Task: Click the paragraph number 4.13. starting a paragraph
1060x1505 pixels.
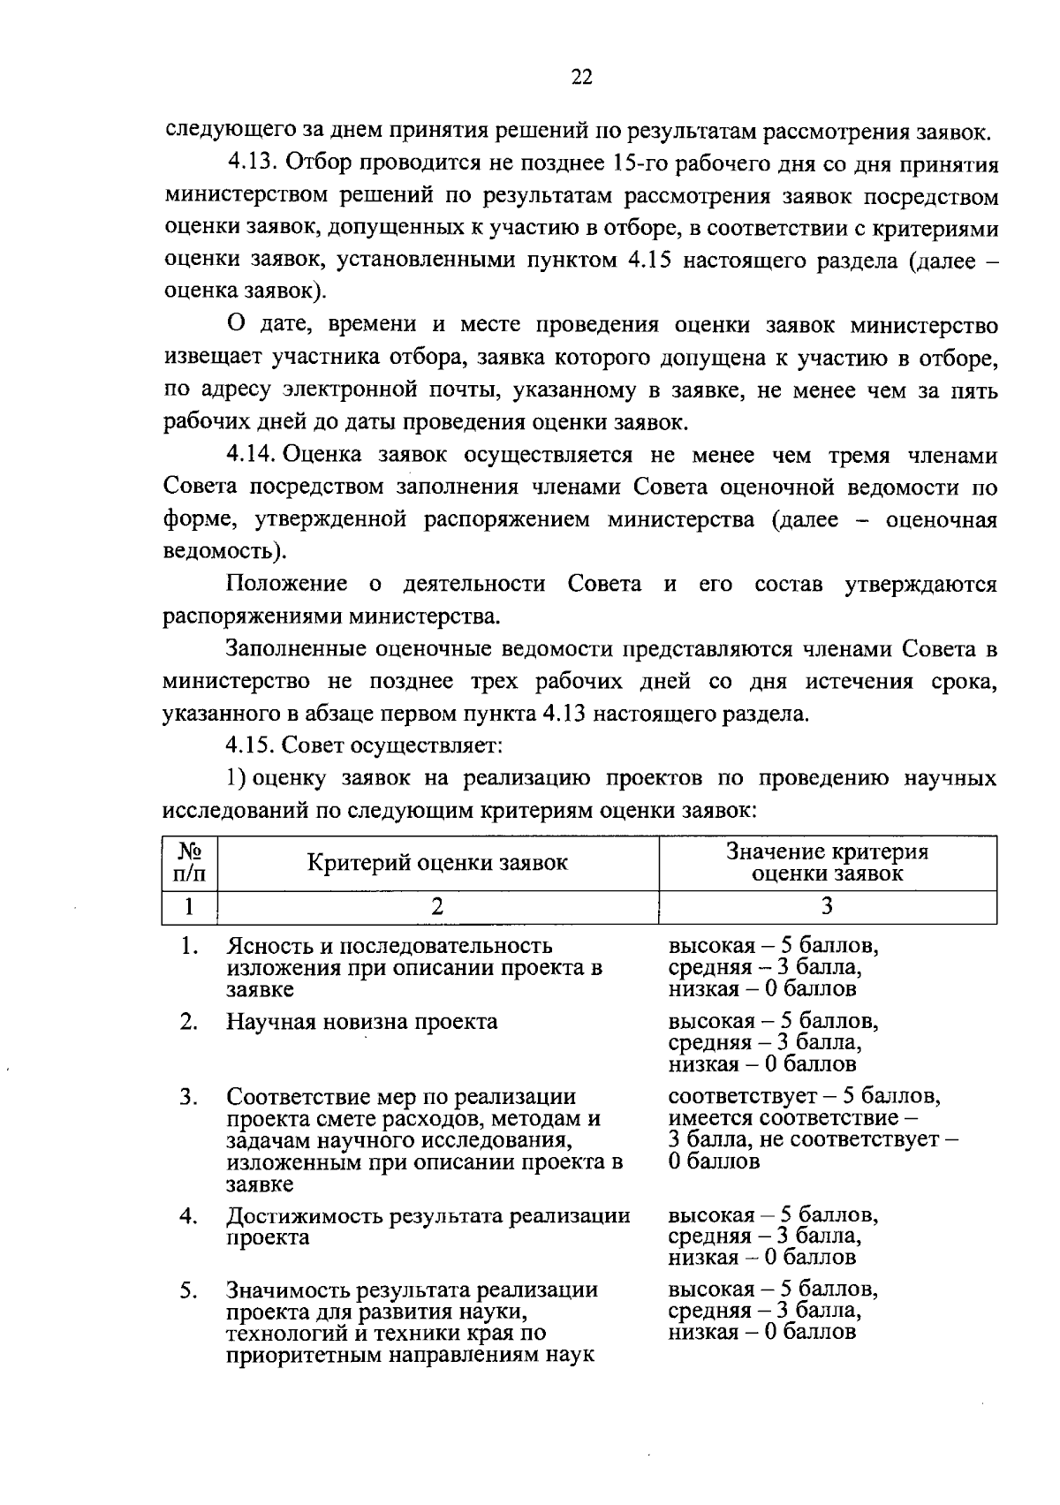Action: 252,164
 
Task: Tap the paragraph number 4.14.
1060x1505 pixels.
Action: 252,455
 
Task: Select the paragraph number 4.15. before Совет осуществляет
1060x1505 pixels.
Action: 252,745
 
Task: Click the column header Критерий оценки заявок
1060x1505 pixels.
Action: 437,863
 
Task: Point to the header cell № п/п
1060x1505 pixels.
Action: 189,863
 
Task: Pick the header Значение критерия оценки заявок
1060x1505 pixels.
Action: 827,863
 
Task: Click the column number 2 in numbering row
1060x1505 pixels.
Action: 437,907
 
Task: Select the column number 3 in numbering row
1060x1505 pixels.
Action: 827,907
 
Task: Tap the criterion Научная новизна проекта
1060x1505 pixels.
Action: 361,1022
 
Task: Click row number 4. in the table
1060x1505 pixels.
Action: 188,1216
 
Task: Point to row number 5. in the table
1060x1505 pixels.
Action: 188,1290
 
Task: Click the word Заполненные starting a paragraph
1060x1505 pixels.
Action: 296,650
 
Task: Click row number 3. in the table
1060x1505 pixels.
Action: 188,1097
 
